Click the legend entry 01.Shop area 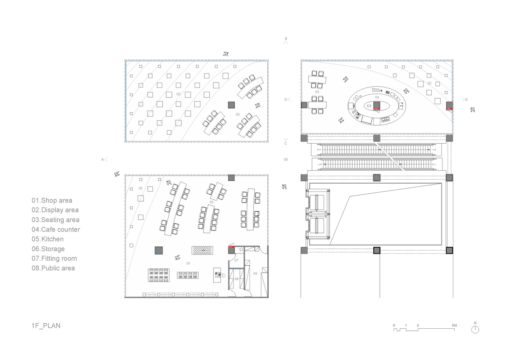[52, 201]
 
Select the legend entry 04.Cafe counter [56, 229]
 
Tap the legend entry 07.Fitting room [54, 258]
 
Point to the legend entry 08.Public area [53, 268]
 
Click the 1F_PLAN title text [46, 326]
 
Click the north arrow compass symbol [475, 328]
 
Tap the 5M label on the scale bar [454, 325]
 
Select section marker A [104, 159]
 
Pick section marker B [286, 40]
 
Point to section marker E [465, 100]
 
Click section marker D [287, 99]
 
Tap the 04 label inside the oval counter [377, 97]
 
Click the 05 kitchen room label [255, 274]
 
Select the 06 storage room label [237, 279]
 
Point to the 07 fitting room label [236, 260]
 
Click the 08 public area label [286, 159]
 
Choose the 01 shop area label [188, 264]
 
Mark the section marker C [286, 141]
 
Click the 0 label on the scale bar [394, 325]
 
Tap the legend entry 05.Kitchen [48, 239]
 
